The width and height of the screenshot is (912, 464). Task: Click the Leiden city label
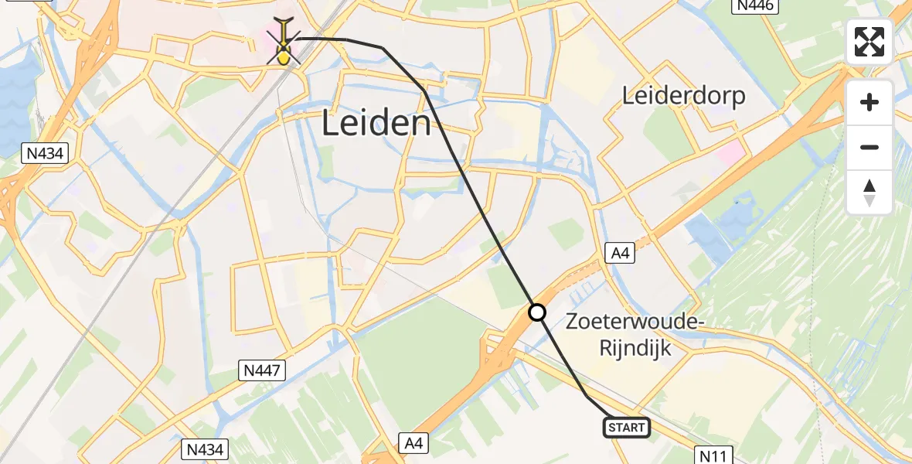[376, 123]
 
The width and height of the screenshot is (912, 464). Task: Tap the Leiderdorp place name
[685, 96]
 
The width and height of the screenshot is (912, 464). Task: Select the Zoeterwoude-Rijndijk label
[633, 335]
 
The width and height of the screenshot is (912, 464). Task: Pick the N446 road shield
[754, 6]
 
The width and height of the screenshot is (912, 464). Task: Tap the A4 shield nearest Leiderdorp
[619, 252]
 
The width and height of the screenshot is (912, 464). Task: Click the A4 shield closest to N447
[414, 443]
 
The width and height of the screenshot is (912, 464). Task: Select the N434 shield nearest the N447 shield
[204, 449]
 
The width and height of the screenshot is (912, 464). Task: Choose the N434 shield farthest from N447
[45, 153]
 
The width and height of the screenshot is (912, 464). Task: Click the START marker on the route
[626, 428]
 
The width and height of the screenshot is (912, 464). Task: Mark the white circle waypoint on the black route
[537, 312]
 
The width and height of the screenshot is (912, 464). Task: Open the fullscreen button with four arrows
[869, 42]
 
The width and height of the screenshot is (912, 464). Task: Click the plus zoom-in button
[869, 102]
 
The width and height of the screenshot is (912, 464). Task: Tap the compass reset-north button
[869, 192]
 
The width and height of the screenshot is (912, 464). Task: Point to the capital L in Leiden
[330, 123]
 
